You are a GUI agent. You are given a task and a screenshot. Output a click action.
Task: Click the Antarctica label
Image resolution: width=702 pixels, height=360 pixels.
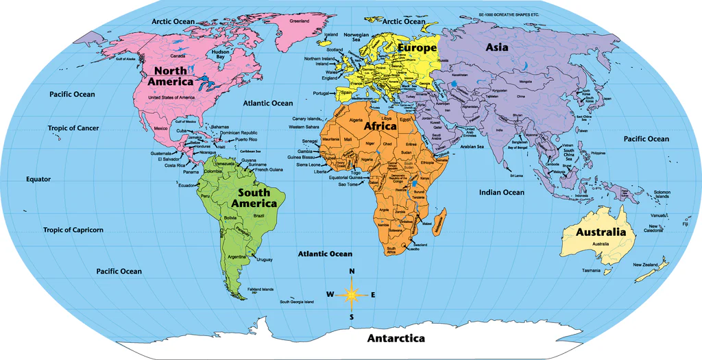tap(396, 338)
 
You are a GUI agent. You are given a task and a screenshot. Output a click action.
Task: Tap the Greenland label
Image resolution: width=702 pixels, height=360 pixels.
tap(300, 21)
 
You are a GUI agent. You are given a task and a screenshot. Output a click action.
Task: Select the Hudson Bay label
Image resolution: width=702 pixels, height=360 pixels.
tap(220, 54)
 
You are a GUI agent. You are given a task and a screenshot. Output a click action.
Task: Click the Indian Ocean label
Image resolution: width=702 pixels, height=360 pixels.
tap(501, 193)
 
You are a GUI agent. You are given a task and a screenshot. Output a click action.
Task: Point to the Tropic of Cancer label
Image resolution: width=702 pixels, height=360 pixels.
tap(73, 128)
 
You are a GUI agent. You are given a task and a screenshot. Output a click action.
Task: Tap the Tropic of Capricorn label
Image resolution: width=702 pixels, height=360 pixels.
tap(73, 230)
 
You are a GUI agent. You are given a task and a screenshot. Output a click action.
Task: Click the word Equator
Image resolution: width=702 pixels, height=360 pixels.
tap(38, 179)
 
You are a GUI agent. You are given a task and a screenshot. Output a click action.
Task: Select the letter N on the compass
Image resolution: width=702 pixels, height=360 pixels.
tap(352, 272)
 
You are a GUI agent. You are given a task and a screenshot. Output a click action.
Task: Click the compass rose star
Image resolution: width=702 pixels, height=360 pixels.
tap(352, 294)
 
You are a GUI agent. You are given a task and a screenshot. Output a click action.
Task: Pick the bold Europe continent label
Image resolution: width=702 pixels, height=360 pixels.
tap(416, 49)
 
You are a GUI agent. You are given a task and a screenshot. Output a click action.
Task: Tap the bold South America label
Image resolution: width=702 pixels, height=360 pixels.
tap(254, 197)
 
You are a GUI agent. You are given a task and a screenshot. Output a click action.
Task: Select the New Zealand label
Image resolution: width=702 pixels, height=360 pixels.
tap(645, 265)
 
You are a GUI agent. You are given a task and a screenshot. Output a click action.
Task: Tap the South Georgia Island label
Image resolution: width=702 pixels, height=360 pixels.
tap(296, 302)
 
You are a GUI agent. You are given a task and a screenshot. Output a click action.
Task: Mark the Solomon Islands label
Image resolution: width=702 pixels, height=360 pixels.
tap(662, 194)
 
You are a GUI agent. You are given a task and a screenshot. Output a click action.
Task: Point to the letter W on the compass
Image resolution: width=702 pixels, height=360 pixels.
tap(330, 294)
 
